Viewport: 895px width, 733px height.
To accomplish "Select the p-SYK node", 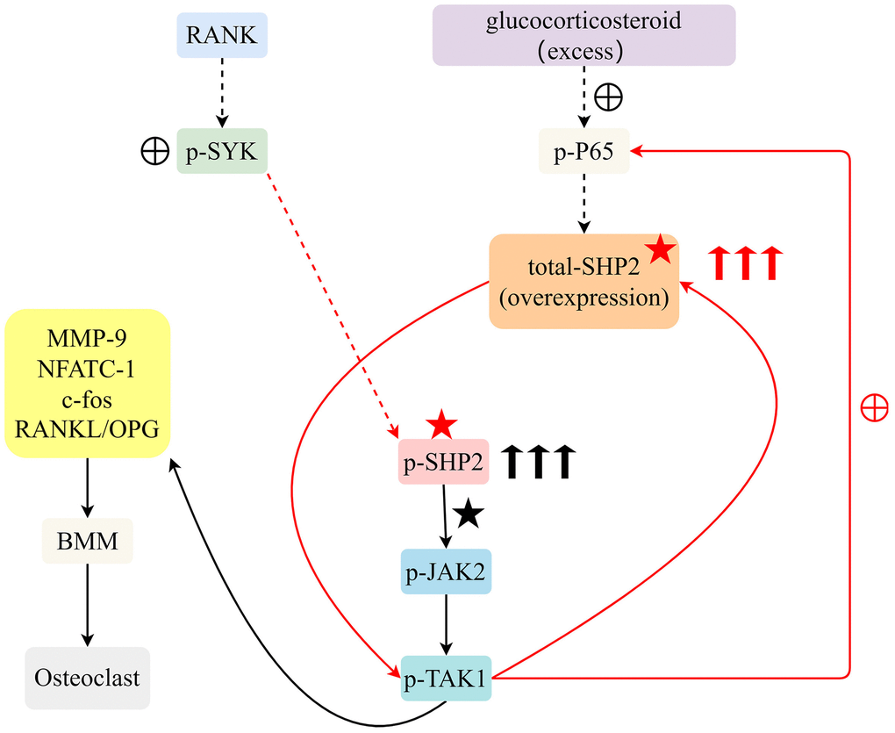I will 222,152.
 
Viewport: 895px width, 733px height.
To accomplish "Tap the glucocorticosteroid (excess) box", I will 584,36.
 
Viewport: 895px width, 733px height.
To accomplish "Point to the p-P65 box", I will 584,152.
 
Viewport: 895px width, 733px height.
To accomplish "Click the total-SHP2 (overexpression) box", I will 584,282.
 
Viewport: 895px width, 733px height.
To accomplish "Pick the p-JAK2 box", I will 446,572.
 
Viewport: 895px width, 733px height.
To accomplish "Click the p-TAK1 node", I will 446,678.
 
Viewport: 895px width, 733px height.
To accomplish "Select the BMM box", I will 86,541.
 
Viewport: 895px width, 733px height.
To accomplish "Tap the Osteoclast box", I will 87,678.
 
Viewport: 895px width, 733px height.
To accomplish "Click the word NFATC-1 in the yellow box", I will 87,370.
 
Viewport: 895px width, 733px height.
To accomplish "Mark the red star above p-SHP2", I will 442,426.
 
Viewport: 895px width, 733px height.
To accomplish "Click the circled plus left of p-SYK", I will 154,152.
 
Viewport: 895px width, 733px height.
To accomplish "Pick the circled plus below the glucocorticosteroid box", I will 608,97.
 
